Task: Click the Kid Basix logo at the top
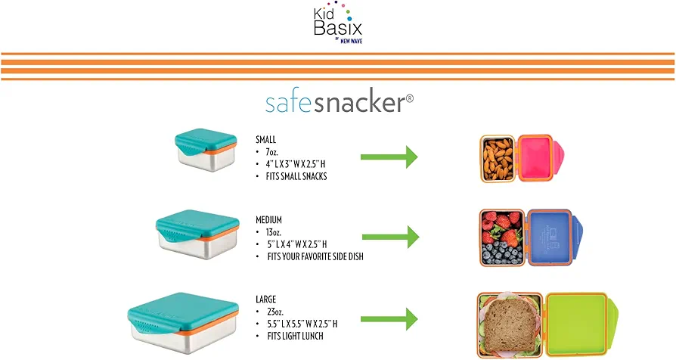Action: tap(338, 23)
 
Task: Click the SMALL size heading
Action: tap(265, 140)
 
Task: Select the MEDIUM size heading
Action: tap(268, 220)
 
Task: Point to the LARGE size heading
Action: tap(265, 299)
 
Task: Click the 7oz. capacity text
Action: tap(272, 152)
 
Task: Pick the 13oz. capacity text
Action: tap(274, 232)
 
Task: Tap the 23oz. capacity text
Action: tap(275, 312)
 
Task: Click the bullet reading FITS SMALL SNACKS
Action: tap(296, 176)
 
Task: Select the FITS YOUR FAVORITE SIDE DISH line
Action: tap(315, 256)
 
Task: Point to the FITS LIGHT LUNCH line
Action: tap(296, 336)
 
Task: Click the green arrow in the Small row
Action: tap(389, 157)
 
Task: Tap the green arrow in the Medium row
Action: tap(391, 237)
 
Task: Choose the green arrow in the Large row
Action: tap(389, 319)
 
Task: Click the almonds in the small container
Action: tap(498, 158)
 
